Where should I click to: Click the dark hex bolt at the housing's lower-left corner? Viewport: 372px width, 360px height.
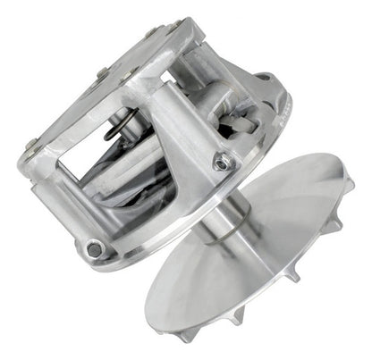coord(94,251)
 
